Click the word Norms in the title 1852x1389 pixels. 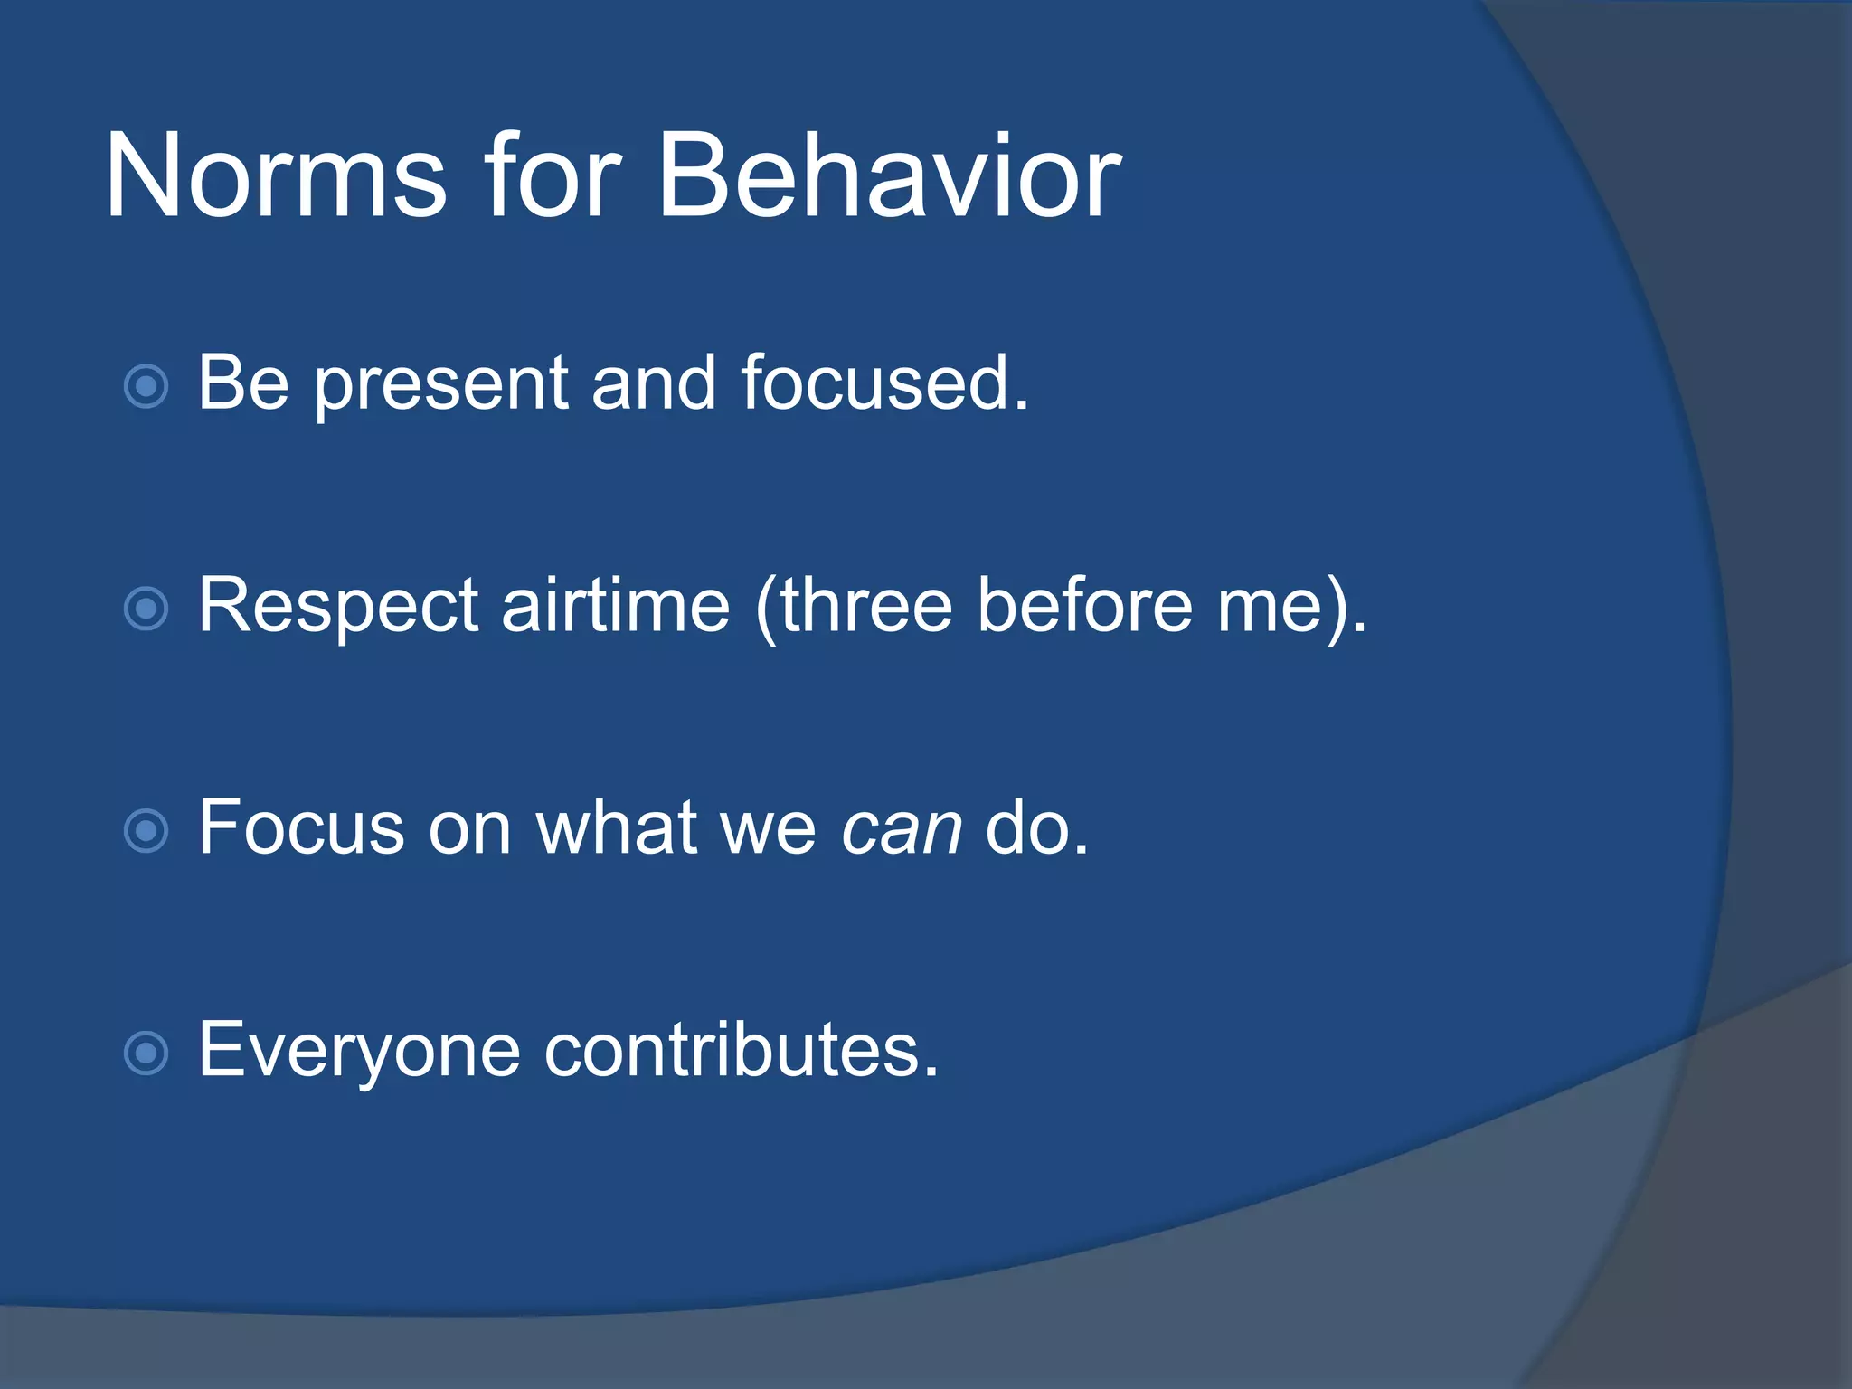tap(277, 175)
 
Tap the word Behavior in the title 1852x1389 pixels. tap(890, 175)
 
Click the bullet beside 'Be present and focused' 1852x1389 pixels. tap(146, 387)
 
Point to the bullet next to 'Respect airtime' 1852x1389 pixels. tap(146, 609)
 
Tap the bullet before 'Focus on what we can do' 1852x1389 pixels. tap(146, 831)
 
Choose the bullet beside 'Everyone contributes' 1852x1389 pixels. tap(146, 1054)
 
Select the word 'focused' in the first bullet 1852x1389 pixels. tap(874, 382)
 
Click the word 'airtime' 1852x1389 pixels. tap(616, 603)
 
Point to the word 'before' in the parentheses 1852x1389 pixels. tap(1085, 603)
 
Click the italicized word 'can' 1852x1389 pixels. tap(902, 830)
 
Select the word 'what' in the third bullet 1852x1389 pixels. tap(617, 826)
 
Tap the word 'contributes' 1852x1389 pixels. tap(733, 1049)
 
